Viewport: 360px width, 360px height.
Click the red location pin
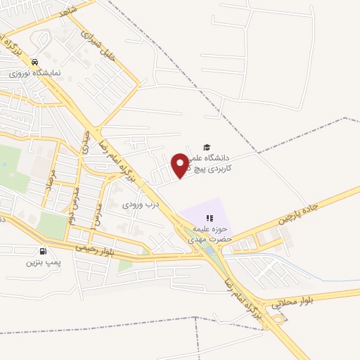pos(181,165)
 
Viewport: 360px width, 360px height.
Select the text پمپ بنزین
pos(40,263)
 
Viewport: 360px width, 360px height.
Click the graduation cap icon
pos(207,147)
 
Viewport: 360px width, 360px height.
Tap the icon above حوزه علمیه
pos(209,219)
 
